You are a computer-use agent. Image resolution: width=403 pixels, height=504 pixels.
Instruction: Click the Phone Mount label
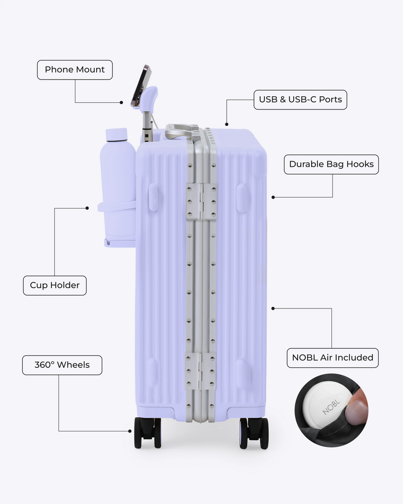point(75,70)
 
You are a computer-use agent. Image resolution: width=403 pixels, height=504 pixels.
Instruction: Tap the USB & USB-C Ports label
point(300,100)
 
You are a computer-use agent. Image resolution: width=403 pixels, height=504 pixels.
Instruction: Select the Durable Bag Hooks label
point(331,164)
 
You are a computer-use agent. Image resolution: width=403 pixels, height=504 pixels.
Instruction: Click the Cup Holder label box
point(54,285)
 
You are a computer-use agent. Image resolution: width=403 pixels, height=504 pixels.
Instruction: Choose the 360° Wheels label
point(62,365)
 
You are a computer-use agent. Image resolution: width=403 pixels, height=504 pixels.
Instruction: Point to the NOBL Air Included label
point(332,358)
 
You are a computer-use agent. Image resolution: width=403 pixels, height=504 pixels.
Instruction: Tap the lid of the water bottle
point(116,135)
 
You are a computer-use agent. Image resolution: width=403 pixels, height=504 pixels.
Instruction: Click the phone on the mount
point(141,85)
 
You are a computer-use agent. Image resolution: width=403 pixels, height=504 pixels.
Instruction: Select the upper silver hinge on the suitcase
point(201,202)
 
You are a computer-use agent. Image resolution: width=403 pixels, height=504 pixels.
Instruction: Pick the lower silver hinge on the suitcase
point(200,371)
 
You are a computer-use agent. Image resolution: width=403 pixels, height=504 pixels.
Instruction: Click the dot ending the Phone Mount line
point(121,102)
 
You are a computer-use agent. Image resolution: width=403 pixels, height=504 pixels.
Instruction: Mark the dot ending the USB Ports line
point(227,124)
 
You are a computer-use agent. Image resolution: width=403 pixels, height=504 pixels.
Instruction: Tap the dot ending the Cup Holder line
point(87,208)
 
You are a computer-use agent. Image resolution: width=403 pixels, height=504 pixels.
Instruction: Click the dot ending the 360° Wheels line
point(130,431)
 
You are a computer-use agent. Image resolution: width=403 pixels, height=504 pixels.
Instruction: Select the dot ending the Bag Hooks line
point(273,197)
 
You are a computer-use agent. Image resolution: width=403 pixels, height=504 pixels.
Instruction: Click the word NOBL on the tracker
point(330,407)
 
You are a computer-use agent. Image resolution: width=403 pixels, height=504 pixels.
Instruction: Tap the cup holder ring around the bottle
point(116,206)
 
